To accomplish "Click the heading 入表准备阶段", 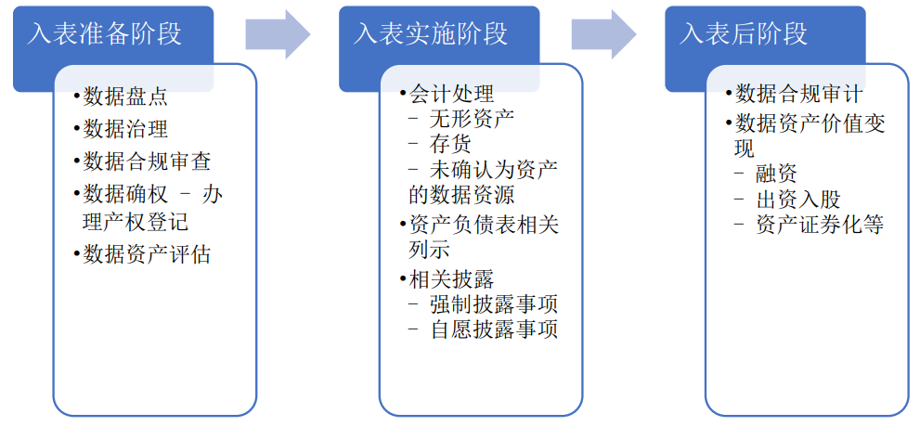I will click(x=104, y=33).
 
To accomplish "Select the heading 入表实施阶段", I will click(x=431, y=33).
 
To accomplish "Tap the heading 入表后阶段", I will click(x=744, y=33).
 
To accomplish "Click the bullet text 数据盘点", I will click(x=125, y=96).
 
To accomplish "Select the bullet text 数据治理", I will click(x=125, y=128).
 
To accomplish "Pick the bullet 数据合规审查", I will click(x=147, y=161).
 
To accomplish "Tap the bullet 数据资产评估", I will click(x=147, y=253).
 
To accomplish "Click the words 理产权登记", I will click(x=136, y=222).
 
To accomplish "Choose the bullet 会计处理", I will click(x=451, y=94).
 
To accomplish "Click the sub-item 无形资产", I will click(x=472, y=118).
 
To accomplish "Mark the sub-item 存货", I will click(x=450, y=143).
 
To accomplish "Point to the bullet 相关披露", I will click(x=451, y=278).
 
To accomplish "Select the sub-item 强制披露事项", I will click(x=493, y=303).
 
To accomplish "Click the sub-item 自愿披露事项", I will click(x=493, y=329).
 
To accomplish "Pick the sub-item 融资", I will click(x=776, y=173).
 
